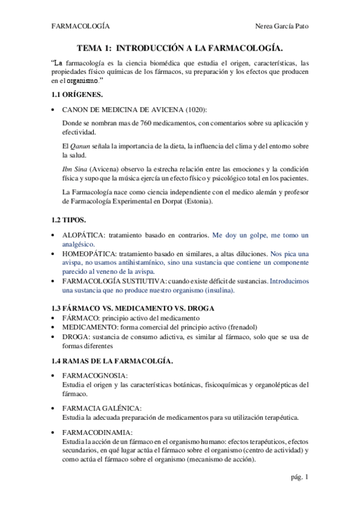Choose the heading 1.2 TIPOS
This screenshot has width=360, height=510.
69,221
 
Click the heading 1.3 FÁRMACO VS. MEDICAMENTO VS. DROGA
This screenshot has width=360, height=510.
132,308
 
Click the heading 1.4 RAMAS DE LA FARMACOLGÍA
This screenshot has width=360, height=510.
113,361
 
